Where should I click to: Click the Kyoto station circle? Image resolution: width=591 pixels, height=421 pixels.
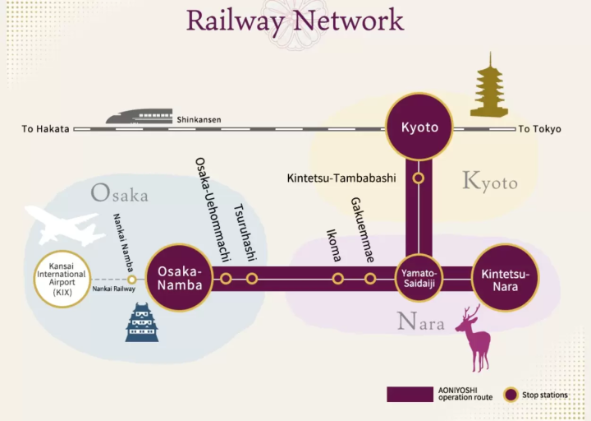pyautogui.click(x=419, y=127)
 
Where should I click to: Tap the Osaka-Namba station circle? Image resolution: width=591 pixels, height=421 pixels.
pyautogui.click(x=178, y=278)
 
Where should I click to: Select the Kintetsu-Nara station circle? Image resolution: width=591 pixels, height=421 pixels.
pyautogui.click(x=506, y=278)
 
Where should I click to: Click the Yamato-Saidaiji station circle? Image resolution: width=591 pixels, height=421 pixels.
pyautogui.click(x=419, y=278)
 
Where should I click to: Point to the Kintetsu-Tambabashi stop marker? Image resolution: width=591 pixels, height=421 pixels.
pyautogui.click(x=419, y=178)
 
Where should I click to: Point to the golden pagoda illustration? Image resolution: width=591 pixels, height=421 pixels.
pyautogui.click(x=488, y=86)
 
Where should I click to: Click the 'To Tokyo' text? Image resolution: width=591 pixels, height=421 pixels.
pyautogui.click(x=539, y=129)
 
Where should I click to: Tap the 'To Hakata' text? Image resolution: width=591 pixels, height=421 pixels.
pyautogui.click(x=45, y=129)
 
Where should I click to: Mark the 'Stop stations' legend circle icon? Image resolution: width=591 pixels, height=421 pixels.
pyautogui.click(x=511, y=395)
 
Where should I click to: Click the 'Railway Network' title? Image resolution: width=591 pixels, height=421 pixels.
pyautogui.click(x=295, y=20)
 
